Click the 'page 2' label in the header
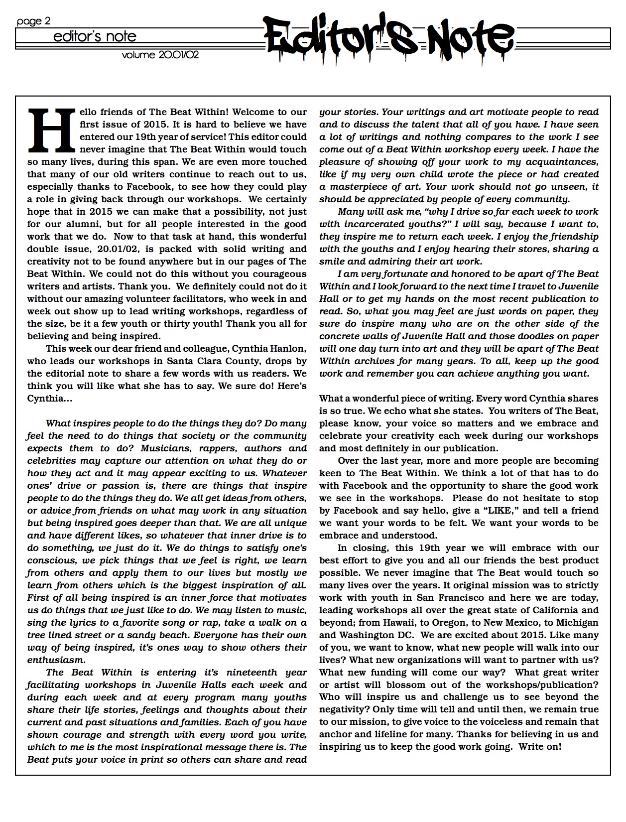tap(33, 21)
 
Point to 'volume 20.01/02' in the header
tap(160, 55)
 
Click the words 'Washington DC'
tap(372, 635)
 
